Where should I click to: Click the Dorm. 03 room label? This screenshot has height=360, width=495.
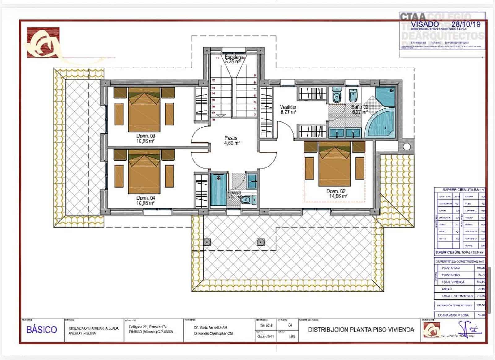point(146,136)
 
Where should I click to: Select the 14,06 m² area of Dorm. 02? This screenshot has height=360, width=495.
point(338,196)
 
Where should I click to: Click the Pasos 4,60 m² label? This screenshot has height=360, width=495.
point(232,141)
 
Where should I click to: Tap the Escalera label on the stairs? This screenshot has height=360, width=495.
point(234,57)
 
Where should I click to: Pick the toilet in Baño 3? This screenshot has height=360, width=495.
point(248,200)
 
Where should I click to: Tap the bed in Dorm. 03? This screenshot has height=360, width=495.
point(144,110)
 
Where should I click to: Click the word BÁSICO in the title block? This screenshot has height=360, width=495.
point(42,330)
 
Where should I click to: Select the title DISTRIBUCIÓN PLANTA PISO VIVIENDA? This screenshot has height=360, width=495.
point(361,330)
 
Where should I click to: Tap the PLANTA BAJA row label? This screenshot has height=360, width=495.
point(451,268)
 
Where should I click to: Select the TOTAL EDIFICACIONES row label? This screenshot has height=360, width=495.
point(458,296)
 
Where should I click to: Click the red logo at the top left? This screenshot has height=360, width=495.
point(43,42)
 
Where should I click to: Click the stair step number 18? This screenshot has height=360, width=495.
point(213,119)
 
